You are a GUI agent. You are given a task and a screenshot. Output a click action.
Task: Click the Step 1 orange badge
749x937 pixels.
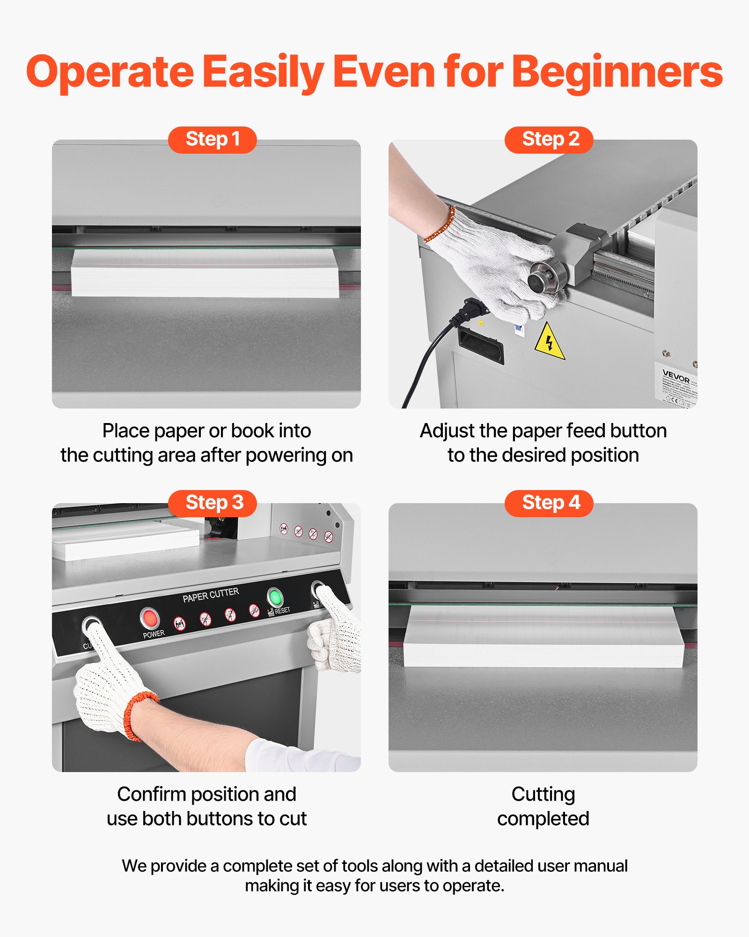[x=212, y=140]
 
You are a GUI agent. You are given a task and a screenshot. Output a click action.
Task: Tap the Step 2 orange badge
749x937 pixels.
[x=549, y=140]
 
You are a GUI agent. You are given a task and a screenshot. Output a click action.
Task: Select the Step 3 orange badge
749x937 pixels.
[x=212, y=503]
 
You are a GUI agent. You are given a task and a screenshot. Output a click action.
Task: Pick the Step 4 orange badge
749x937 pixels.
[x=549, y=503]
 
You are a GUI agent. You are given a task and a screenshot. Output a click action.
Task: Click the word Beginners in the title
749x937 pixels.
[x=617, y=73]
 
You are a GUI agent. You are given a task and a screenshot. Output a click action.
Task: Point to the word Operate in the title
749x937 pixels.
[x=110, y=73]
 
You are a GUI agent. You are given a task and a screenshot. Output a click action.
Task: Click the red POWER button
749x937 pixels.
[x=150, y=618]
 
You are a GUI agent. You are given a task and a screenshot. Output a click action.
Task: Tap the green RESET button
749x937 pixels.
[x=275, y=597]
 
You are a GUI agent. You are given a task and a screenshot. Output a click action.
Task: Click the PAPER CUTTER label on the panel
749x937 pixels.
[x=211, y=595]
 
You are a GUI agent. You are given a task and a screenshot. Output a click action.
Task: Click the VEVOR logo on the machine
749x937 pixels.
[x=676, y=376]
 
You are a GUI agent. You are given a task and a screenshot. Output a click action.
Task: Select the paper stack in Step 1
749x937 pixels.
[x=205, y=273]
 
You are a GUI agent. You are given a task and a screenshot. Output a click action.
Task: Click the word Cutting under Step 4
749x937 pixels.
[x=543, y=795]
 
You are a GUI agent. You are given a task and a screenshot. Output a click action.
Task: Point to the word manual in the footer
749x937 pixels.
[x=601, y=866]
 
